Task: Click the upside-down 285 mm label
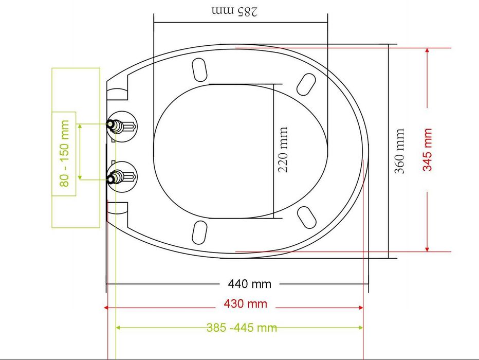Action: tap(234, 11)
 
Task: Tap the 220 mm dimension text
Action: tap(283, 150)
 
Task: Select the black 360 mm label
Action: tap(399, 151)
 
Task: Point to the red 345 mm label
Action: tap(428, 150)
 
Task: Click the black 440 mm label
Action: tap(250, 284)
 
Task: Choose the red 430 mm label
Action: tap(246, 304)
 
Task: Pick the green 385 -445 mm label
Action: tap(242, 328)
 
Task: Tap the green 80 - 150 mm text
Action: tap(64, 153)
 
